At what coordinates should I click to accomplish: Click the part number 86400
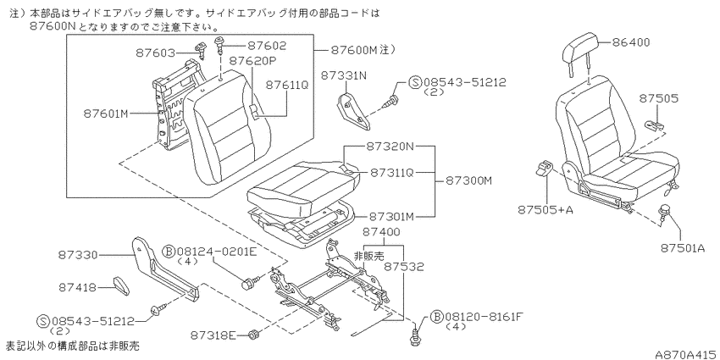point(631,42)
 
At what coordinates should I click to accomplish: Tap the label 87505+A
point(546,210)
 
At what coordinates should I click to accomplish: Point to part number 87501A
point(683,248)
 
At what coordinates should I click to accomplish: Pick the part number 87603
point(156,53)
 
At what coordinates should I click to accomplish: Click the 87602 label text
point(267,46)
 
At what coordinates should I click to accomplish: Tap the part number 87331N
point(344,75)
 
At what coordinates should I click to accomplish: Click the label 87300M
point(468,181)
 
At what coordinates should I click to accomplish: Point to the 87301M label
point(392,216)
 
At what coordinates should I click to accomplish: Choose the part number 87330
point(78,255)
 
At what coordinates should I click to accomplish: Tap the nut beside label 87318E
point(252,335)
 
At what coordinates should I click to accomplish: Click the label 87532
point(404,267)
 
